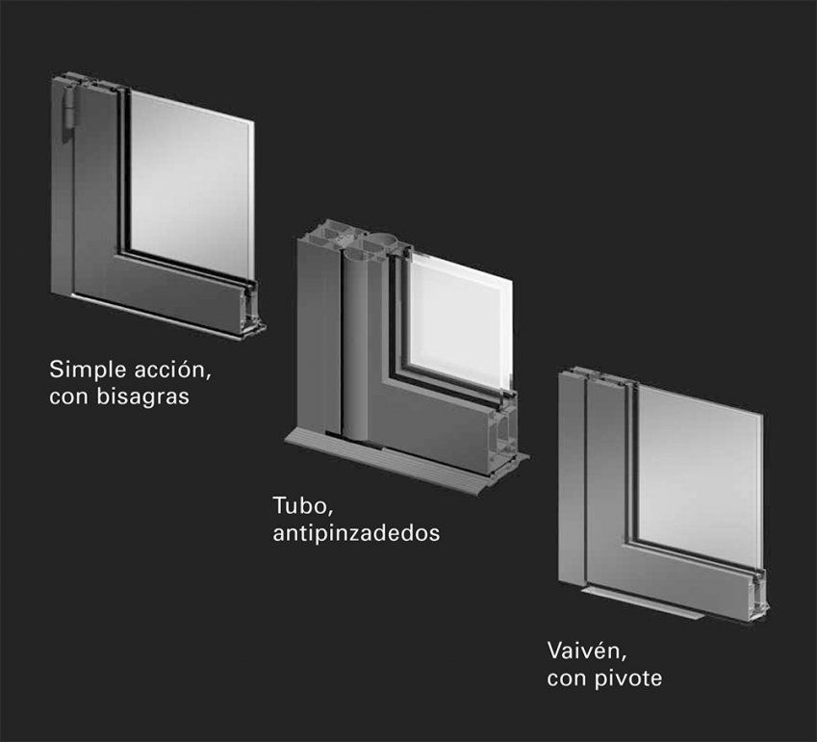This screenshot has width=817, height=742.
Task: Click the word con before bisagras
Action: click(x=68, y=396)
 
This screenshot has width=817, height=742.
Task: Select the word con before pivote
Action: click(x=566, y=678)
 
